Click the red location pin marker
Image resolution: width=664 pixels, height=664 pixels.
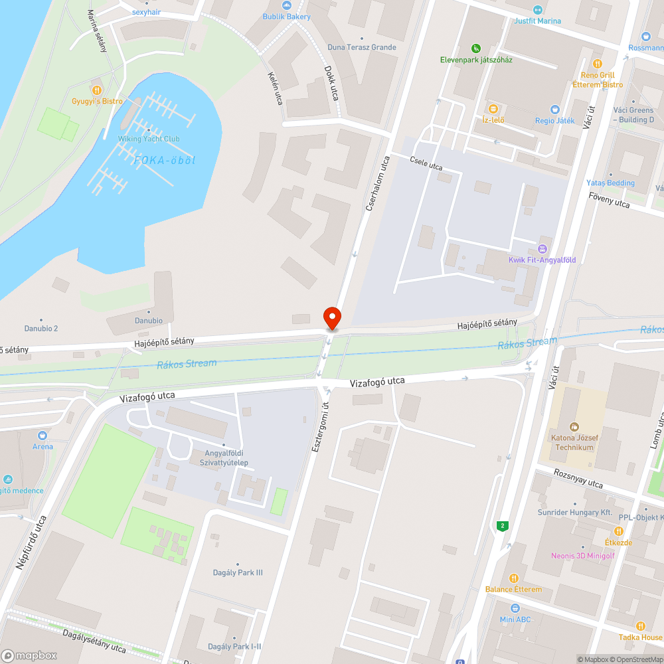[x=331, y=318]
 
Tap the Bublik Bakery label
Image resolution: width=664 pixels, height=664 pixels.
[x=286, y=17]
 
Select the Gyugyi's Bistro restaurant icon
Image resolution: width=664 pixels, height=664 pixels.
[x=97, y=89]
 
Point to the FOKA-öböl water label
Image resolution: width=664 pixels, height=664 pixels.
[x=165, y=160]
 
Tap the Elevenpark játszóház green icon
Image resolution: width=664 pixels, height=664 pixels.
[x=475, y=48]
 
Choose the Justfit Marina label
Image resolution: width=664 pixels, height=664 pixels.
[x=537, y=21]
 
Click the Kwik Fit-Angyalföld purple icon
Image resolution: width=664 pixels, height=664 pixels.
[x=542, y=249]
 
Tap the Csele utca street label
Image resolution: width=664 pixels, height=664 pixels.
[x=426, y=163]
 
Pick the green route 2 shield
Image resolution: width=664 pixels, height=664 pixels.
[x=503, y=526]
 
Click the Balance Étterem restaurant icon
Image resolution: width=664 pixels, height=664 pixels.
[x=513, y=578]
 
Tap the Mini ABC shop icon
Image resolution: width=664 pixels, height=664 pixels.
[x=515, y=608]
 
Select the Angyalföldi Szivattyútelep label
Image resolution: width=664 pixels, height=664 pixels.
[x=216, y=458]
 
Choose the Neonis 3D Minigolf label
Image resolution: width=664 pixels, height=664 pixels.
[x=582, y=556]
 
